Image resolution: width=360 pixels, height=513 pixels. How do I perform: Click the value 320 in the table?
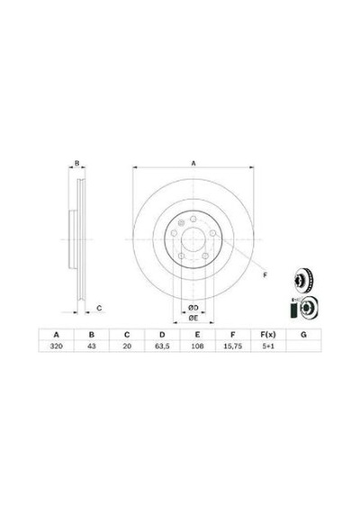click(57, 346)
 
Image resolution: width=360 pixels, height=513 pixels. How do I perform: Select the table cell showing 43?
click(92, 346)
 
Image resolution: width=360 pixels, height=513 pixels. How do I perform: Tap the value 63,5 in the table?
click(162, 346)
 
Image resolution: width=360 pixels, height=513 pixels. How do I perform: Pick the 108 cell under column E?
click(197, 346)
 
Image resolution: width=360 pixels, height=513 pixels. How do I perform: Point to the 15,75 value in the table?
click(233, 346)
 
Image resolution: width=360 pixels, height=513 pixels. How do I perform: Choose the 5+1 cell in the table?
click(268, 346)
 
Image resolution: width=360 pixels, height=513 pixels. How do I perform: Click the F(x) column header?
click(268, 335)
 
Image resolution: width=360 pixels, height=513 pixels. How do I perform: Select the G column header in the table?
click(303, 335)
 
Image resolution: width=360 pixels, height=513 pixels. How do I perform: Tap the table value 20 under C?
click(127, 346)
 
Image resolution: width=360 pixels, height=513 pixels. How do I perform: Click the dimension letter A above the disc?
click(193, 163)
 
